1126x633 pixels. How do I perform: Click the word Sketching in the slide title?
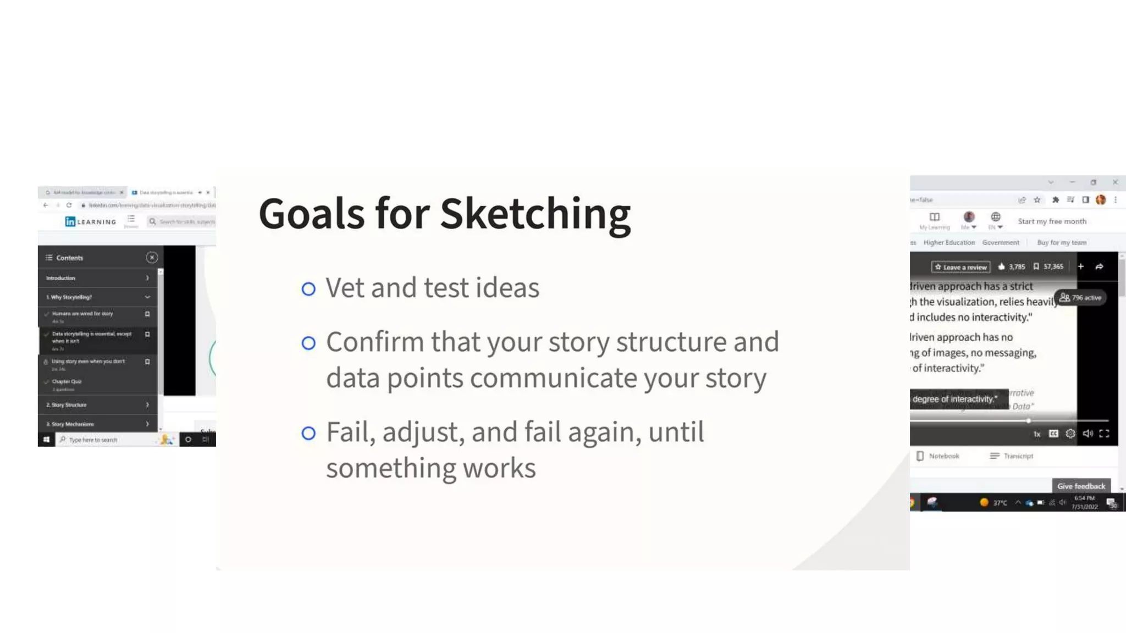[x=535, y=214]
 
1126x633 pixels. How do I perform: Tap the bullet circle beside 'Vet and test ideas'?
[x=308, y=288]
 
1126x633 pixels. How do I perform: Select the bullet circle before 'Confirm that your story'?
[x=308, y=343]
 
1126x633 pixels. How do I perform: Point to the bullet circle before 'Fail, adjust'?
[x=308, y=433]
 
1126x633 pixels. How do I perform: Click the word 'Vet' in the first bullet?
[x=344, y=288]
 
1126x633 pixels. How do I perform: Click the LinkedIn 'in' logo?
[x=70, y=221]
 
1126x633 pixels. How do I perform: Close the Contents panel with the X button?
[x=152, y=257]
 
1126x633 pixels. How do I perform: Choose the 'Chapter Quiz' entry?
[x=67, y=381]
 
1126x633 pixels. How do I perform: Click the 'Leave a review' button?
[x=961, y=267]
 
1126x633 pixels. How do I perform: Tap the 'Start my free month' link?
[x=1052, y=221]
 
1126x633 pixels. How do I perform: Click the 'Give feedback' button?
[x=1081, y=486]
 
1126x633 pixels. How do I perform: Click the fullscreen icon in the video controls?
[x=1104, y=434]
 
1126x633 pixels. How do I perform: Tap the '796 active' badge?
[x=1081, y=298]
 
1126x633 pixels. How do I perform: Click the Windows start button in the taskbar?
[x=46, y=440]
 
